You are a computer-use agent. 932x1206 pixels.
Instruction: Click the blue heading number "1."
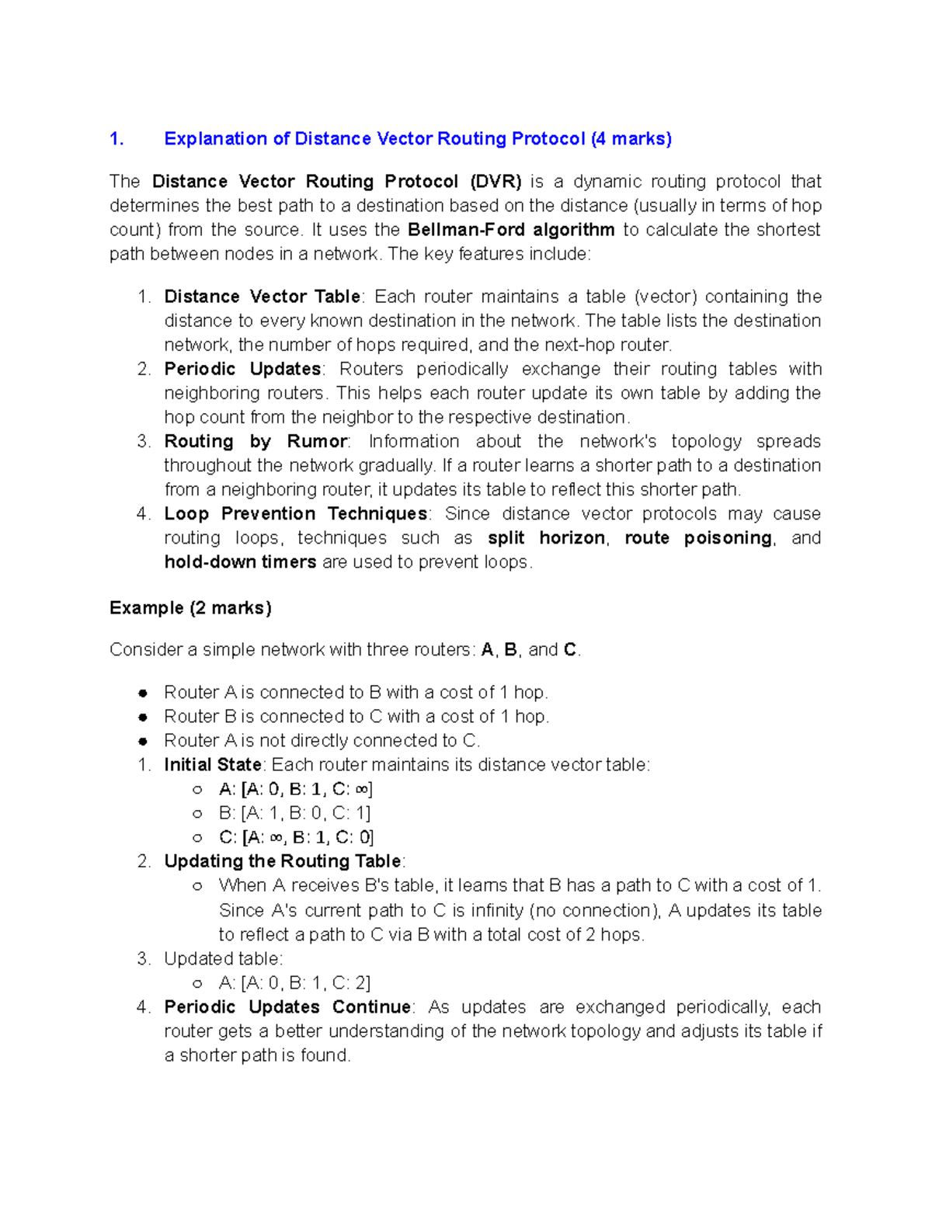116,139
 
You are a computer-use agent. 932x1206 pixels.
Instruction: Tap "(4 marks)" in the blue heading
631,139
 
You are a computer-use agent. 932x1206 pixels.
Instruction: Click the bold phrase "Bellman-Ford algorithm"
510,230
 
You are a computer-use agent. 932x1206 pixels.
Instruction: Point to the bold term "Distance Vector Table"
262,297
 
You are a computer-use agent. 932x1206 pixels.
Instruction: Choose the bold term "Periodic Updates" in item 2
242,369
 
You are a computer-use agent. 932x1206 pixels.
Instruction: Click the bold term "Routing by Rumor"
256,441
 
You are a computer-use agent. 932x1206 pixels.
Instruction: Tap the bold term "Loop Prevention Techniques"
295,514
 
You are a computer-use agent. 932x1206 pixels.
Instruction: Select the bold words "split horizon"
546,538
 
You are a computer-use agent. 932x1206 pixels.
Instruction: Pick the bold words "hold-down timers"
240,562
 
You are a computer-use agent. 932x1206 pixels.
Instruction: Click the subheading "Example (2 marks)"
190,608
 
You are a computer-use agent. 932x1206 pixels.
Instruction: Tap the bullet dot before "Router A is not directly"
143,742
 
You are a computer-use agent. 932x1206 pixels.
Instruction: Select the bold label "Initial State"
212,765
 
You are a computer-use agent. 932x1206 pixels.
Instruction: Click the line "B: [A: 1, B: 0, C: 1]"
294,813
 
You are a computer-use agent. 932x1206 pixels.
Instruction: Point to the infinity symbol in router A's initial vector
361,790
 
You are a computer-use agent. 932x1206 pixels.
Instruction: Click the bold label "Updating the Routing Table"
283,861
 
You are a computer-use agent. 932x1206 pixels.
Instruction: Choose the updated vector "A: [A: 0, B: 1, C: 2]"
294,983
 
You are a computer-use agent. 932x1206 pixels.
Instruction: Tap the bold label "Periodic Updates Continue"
287,1007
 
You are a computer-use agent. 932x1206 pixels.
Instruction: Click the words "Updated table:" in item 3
223,959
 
